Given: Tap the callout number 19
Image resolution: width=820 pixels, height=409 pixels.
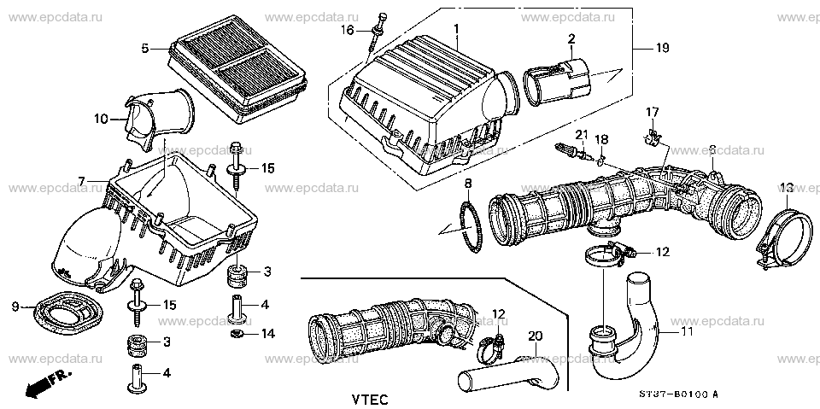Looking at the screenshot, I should pyautogui.click(x=662, y=50).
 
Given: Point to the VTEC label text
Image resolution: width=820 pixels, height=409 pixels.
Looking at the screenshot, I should pyautogui.click(x=369, y=399).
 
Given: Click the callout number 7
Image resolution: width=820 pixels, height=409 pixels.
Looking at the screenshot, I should pyautogui.click(x=81, y=180).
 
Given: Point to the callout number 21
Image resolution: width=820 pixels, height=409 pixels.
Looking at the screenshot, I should pyautogui.click(x=581, y=133).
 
